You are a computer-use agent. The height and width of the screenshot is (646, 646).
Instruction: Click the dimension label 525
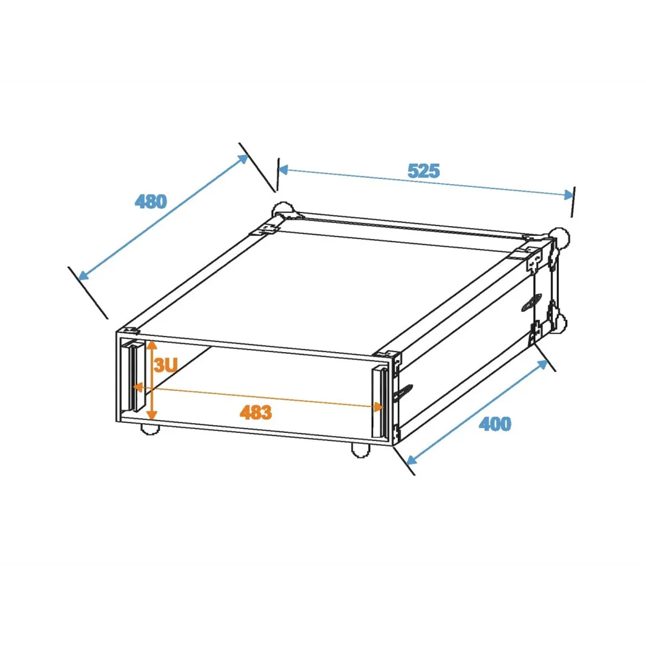424,171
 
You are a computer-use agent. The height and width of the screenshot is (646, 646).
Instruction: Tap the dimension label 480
151,202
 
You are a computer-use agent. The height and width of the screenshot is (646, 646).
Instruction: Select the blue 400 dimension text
495,424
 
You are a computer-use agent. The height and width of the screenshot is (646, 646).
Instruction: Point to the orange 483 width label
255,412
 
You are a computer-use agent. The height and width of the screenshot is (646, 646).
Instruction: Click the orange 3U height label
165,365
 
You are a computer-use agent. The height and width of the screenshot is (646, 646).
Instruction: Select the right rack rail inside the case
380,402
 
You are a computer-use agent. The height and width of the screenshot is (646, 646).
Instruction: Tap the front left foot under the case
150,429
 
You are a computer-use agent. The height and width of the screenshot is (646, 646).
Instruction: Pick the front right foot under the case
360,450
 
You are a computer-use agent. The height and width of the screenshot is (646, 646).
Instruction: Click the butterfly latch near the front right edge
403,393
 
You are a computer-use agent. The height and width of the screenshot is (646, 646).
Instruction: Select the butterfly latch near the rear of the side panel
532,303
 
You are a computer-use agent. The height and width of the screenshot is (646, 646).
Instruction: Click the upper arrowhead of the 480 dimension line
243,159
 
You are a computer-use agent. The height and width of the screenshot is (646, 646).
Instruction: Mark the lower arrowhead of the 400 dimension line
412,459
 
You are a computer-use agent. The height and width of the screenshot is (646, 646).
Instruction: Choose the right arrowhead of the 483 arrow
378,407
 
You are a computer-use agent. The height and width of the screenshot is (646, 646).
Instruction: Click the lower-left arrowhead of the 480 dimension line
83,275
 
